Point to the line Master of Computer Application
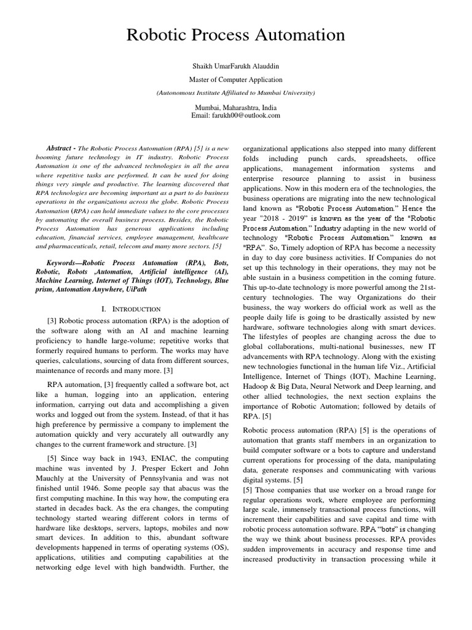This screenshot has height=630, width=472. pos(235,79)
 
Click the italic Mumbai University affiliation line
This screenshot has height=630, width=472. pos(235,92)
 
